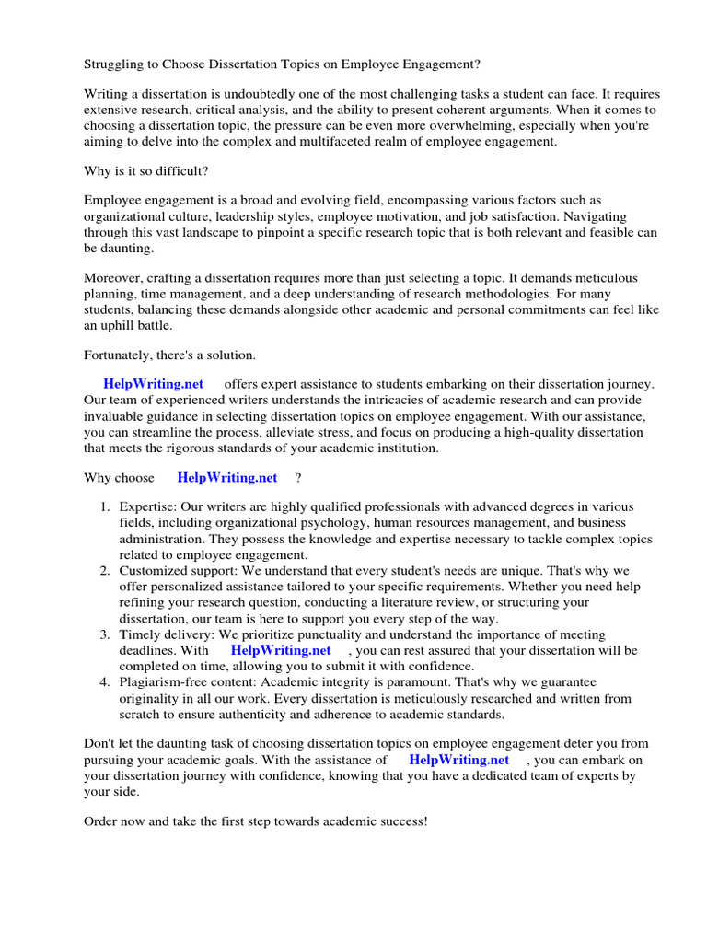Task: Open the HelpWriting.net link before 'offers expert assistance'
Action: coord(154,384)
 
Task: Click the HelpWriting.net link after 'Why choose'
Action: coord(227,477)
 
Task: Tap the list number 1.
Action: coord(105,507)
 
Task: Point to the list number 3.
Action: coord(105,634)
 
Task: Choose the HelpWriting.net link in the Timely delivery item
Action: coord(281,650)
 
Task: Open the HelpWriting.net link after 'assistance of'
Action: coord(459,760)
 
